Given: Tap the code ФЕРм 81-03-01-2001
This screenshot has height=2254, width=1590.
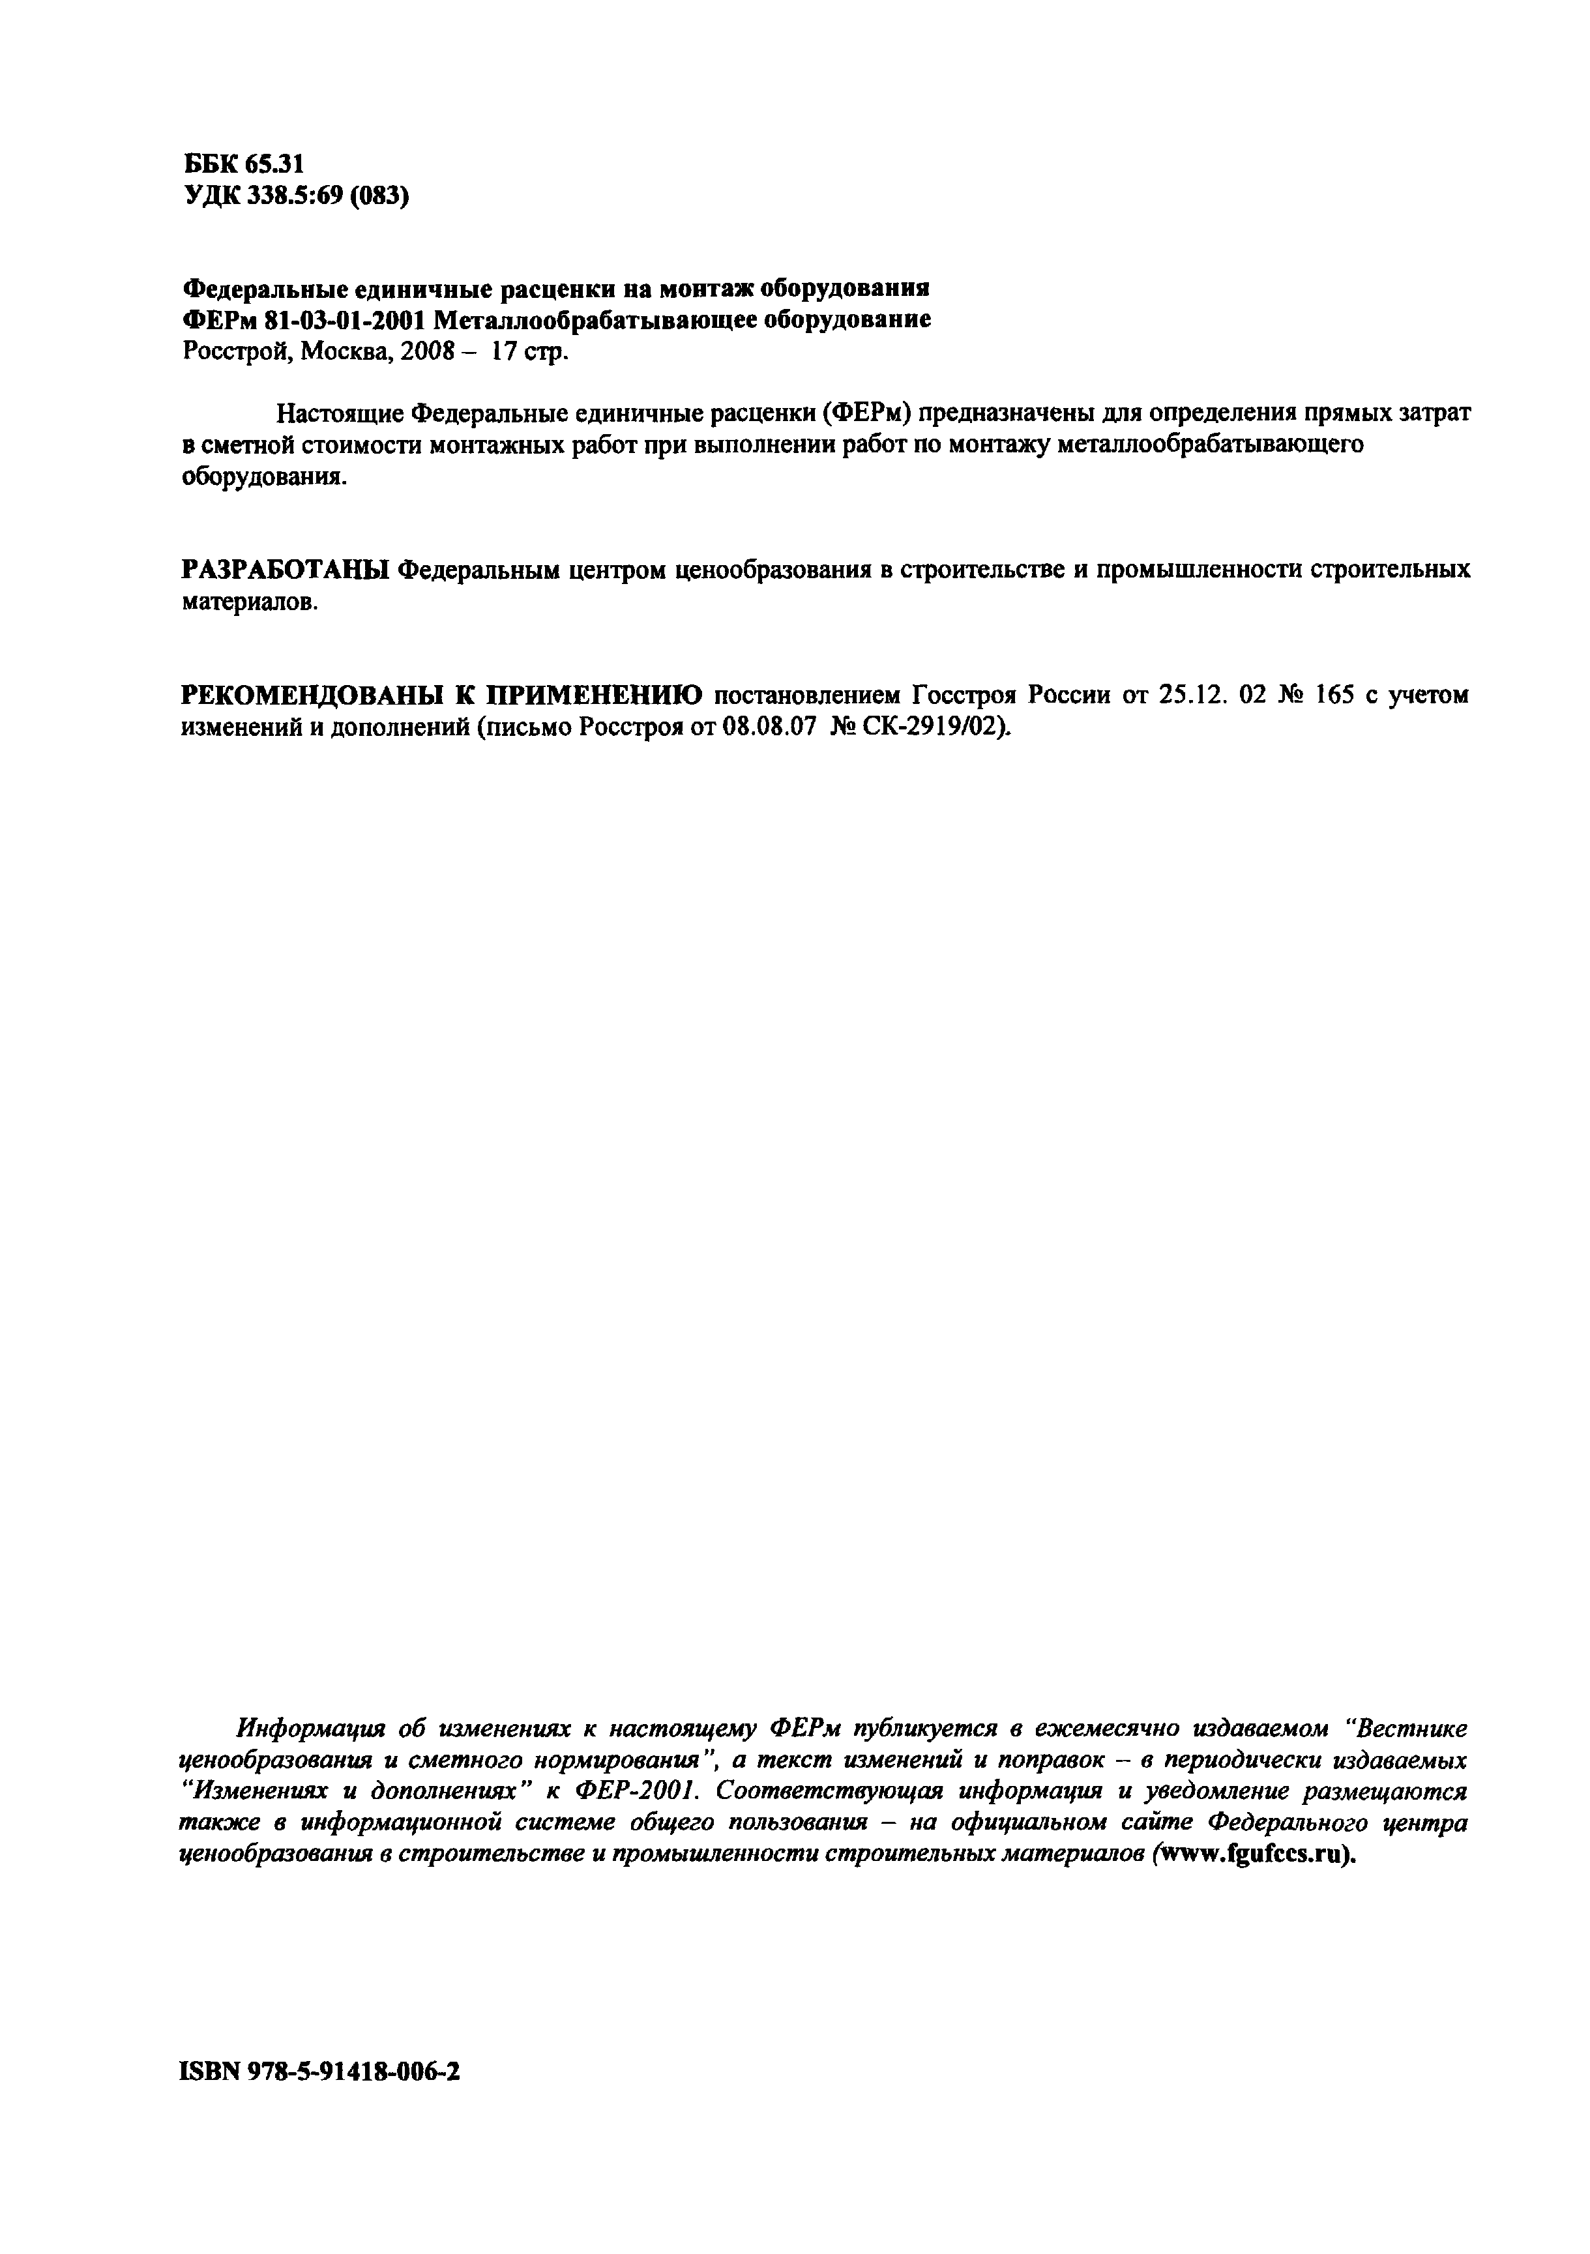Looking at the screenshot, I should click(306, 320).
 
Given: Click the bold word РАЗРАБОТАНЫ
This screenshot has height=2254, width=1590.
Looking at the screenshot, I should click(287, 570).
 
